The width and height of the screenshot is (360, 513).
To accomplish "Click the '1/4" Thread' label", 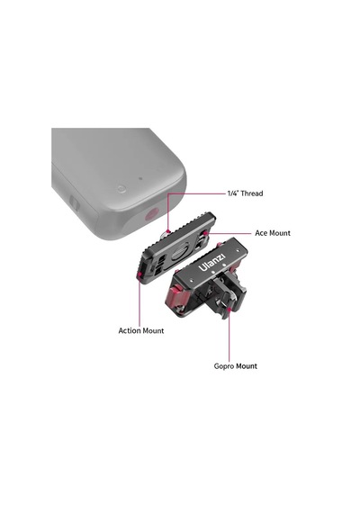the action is pyautogui.click(x=245, y=193).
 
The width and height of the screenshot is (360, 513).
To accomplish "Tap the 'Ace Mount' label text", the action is pyautogui.click(x=273, y=233).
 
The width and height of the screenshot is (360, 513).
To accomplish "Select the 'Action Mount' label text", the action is pyautogui.click(x=141, y=331).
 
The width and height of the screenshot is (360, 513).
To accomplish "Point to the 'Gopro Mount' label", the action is pyautogui.click(x=235, y=366).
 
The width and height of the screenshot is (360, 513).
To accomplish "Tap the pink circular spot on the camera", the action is pyautogui.click(x=151, y=214).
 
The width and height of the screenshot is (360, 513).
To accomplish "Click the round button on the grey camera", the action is pyautogui.click(x=121, y=189).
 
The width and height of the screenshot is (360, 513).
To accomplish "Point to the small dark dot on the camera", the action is pyautogui.click(x=140, y=178).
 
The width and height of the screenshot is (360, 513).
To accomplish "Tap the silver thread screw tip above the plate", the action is pyautogui.click(x=166, y=233).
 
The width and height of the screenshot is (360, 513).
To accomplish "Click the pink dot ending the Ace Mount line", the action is pyautogui.click(x=205, y=233).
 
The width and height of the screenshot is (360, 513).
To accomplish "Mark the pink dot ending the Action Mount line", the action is pyautogui.click(x=139, y=274).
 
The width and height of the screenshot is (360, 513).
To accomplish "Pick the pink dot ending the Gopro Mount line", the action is pyautogui.click(x=229, y=309).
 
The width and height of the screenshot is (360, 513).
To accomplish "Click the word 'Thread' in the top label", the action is pyautogui.click(x=252, y=193).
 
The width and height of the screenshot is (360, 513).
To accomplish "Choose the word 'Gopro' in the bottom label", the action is pyautogui.click(x=224, y=366).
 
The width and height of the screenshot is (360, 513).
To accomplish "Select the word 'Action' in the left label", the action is pyautogui.click(x=130, y=331).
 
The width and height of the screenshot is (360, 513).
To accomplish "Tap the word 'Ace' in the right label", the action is pyautogui.click(x=261, y=233).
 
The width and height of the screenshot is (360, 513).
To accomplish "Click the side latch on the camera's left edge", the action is pyautogui.click(x=75, y=204).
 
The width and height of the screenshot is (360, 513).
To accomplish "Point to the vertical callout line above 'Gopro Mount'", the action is pyautogui.click(x=229, y=335).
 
